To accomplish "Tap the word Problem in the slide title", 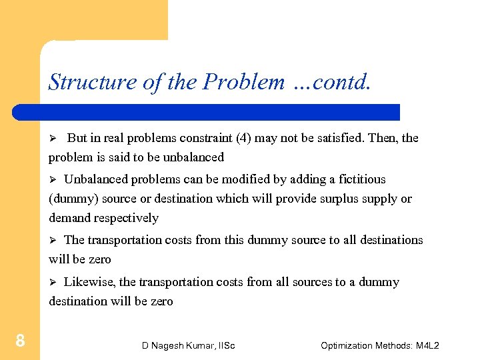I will pyautogui.click(x=243, y=81).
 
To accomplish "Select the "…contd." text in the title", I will pyautogui.click(x=331, y=81).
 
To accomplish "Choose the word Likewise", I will pyautogui.click(x=89, y=282).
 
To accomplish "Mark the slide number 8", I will pyautogui.click(x=20, y=342).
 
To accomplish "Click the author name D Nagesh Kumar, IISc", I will pyautogui.click(x=188, y=345).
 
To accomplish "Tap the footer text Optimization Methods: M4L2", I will pyautogui.click(x=379, y=345).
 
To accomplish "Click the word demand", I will pyautogui.click(x=70, y=218).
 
